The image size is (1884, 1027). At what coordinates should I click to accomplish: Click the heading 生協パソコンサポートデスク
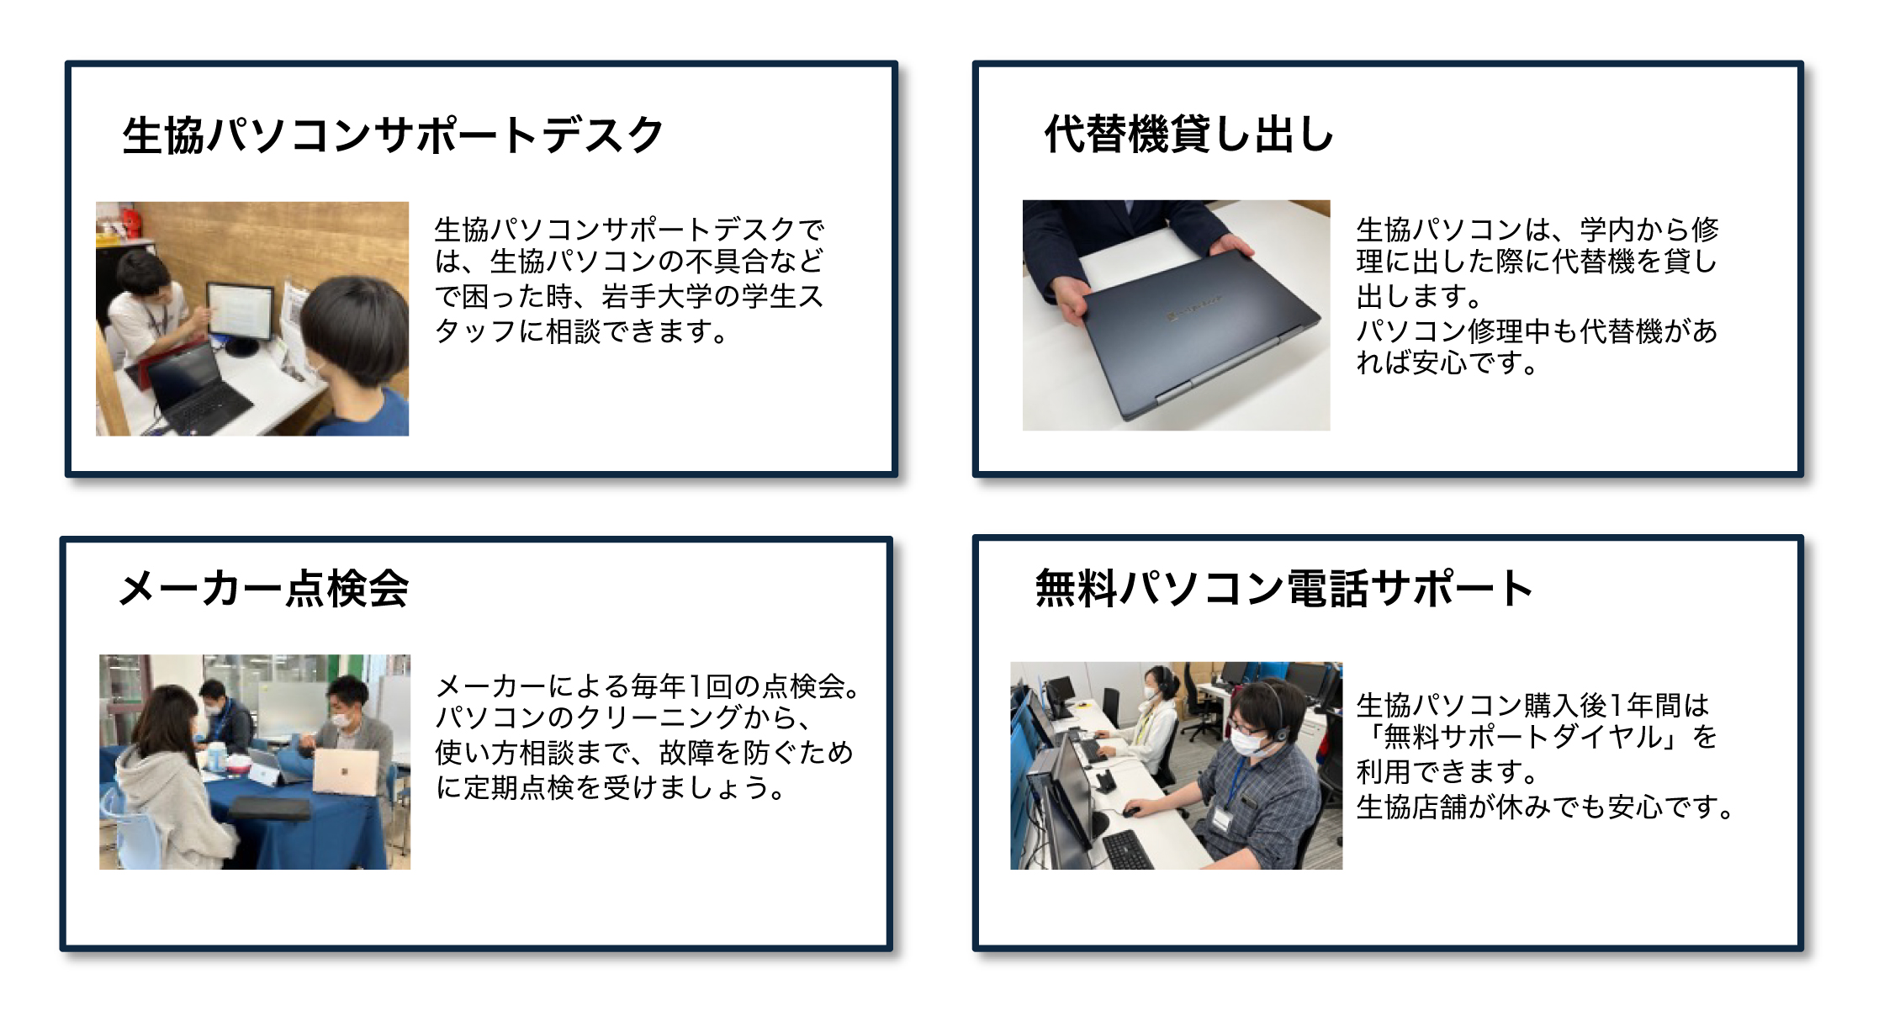pyautogui.click(x=393, y=135)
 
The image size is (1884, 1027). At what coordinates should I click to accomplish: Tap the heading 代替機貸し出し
pyautogui.click(x=1188, y=135)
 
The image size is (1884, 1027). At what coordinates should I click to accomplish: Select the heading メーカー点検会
pyautogui.click(x=263, y=589)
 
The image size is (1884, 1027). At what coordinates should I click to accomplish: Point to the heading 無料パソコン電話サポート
pyautogui.click(x=1283, y=588)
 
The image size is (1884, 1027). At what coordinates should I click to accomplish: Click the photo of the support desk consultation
pyautogui.click(x=252, y=319)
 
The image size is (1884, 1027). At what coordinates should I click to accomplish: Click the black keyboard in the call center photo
pyautogui.click(x=1127, y=850)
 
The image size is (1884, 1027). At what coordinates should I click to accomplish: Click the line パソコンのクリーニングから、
pyautogui.click(x=622, y=718)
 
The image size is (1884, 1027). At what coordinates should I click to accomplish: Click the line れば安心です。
pyautogui.click(x=1447, y=364)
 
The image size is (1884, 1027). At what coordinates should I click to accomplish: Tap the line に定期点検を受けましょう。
pyautogui.click(x=610, y=788)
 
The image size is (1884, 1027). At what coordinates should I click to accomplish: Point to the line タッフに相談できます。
pyautogui.click(x=580, y=331)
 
